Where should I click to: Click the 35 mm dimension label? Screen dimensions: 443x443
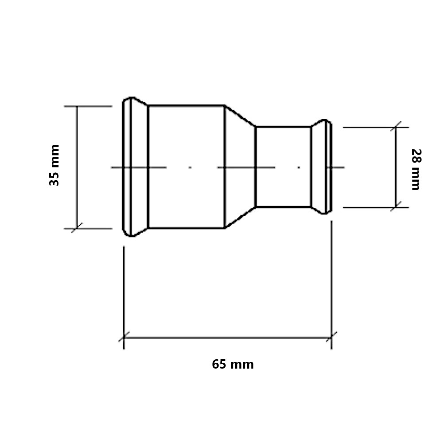pos(54,165)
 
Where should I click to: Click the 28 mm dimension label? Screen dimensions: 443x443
pos(416,169)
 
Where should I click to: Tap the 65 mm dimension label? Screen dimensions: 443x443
pos(233,364)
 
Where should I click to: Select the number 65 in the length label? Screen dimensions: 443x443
pos(219,364)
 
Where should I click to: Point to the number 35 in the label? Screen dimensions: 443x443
pos(54,179)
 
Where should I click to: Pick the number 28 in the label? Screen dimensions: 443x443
pos(416,155)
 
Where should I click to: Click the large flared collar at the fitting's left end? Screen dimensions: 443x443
pos(135,167)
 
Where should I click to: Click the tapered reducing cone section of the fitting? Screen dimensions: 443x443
pos(240,167)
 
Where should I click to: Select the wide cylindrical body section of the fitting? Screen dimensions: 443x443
pos(186,167)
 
